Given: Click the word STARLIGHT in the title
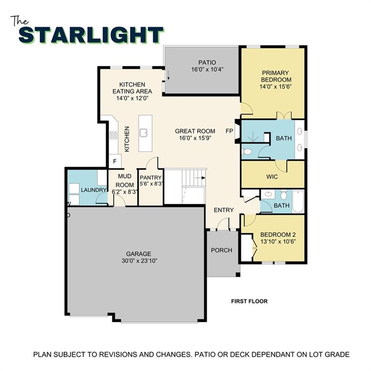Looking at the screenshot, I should click(91, 35).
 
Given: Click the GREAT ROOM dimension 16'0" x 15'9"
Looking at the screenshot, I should click(195, 138).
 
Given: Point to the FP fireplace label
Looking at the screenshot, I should click(229, 131).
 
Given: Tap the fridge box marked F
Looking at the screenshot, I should click(115, 161).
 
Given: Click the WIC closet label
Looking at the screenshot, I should click(272, 177).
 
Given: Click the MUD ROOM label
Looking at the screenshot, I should click(125, 181).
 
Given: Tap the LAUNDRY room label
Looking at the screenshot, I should click(93, 190).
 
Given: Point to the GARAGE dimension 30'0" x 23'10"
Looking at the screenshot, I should click(139, 260).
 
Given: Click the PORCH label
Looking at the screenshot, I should click(222, 250).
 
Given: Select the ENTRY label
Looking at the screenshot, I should click(224, 210).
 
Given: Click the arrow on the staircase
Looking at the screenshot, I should click(200, 178).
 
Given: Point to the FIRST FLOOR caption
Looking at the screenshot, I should click(249, 301).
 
